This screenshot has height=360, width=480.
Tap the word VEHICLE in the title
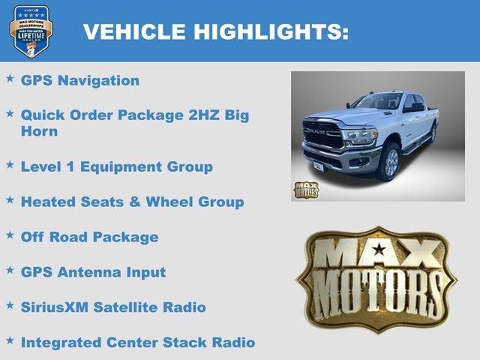[x=133, y=31]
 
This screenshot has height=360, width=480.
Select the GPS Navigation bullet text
[x=80, y=80]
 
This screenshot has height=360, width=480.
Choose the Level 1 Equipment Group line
[x=116, y=166]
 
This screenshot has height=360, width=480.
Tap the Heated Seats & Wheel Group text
[x=132, y=201]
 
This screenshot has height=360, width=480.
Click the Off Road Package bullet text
[x=89, y=237]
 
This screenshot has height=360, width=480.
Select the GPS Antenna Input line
[x=93, y=271]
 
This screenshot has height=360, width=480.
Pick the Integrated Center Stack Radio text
[x=138, y=342]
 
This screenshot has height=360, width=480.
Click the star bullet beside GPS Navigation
[x=10, y=78]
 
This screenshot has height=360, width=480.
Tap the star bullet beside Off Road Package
[x=10, y=235]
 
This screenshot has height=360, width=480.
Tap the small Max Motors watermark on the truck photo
[x=305, y=190]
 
